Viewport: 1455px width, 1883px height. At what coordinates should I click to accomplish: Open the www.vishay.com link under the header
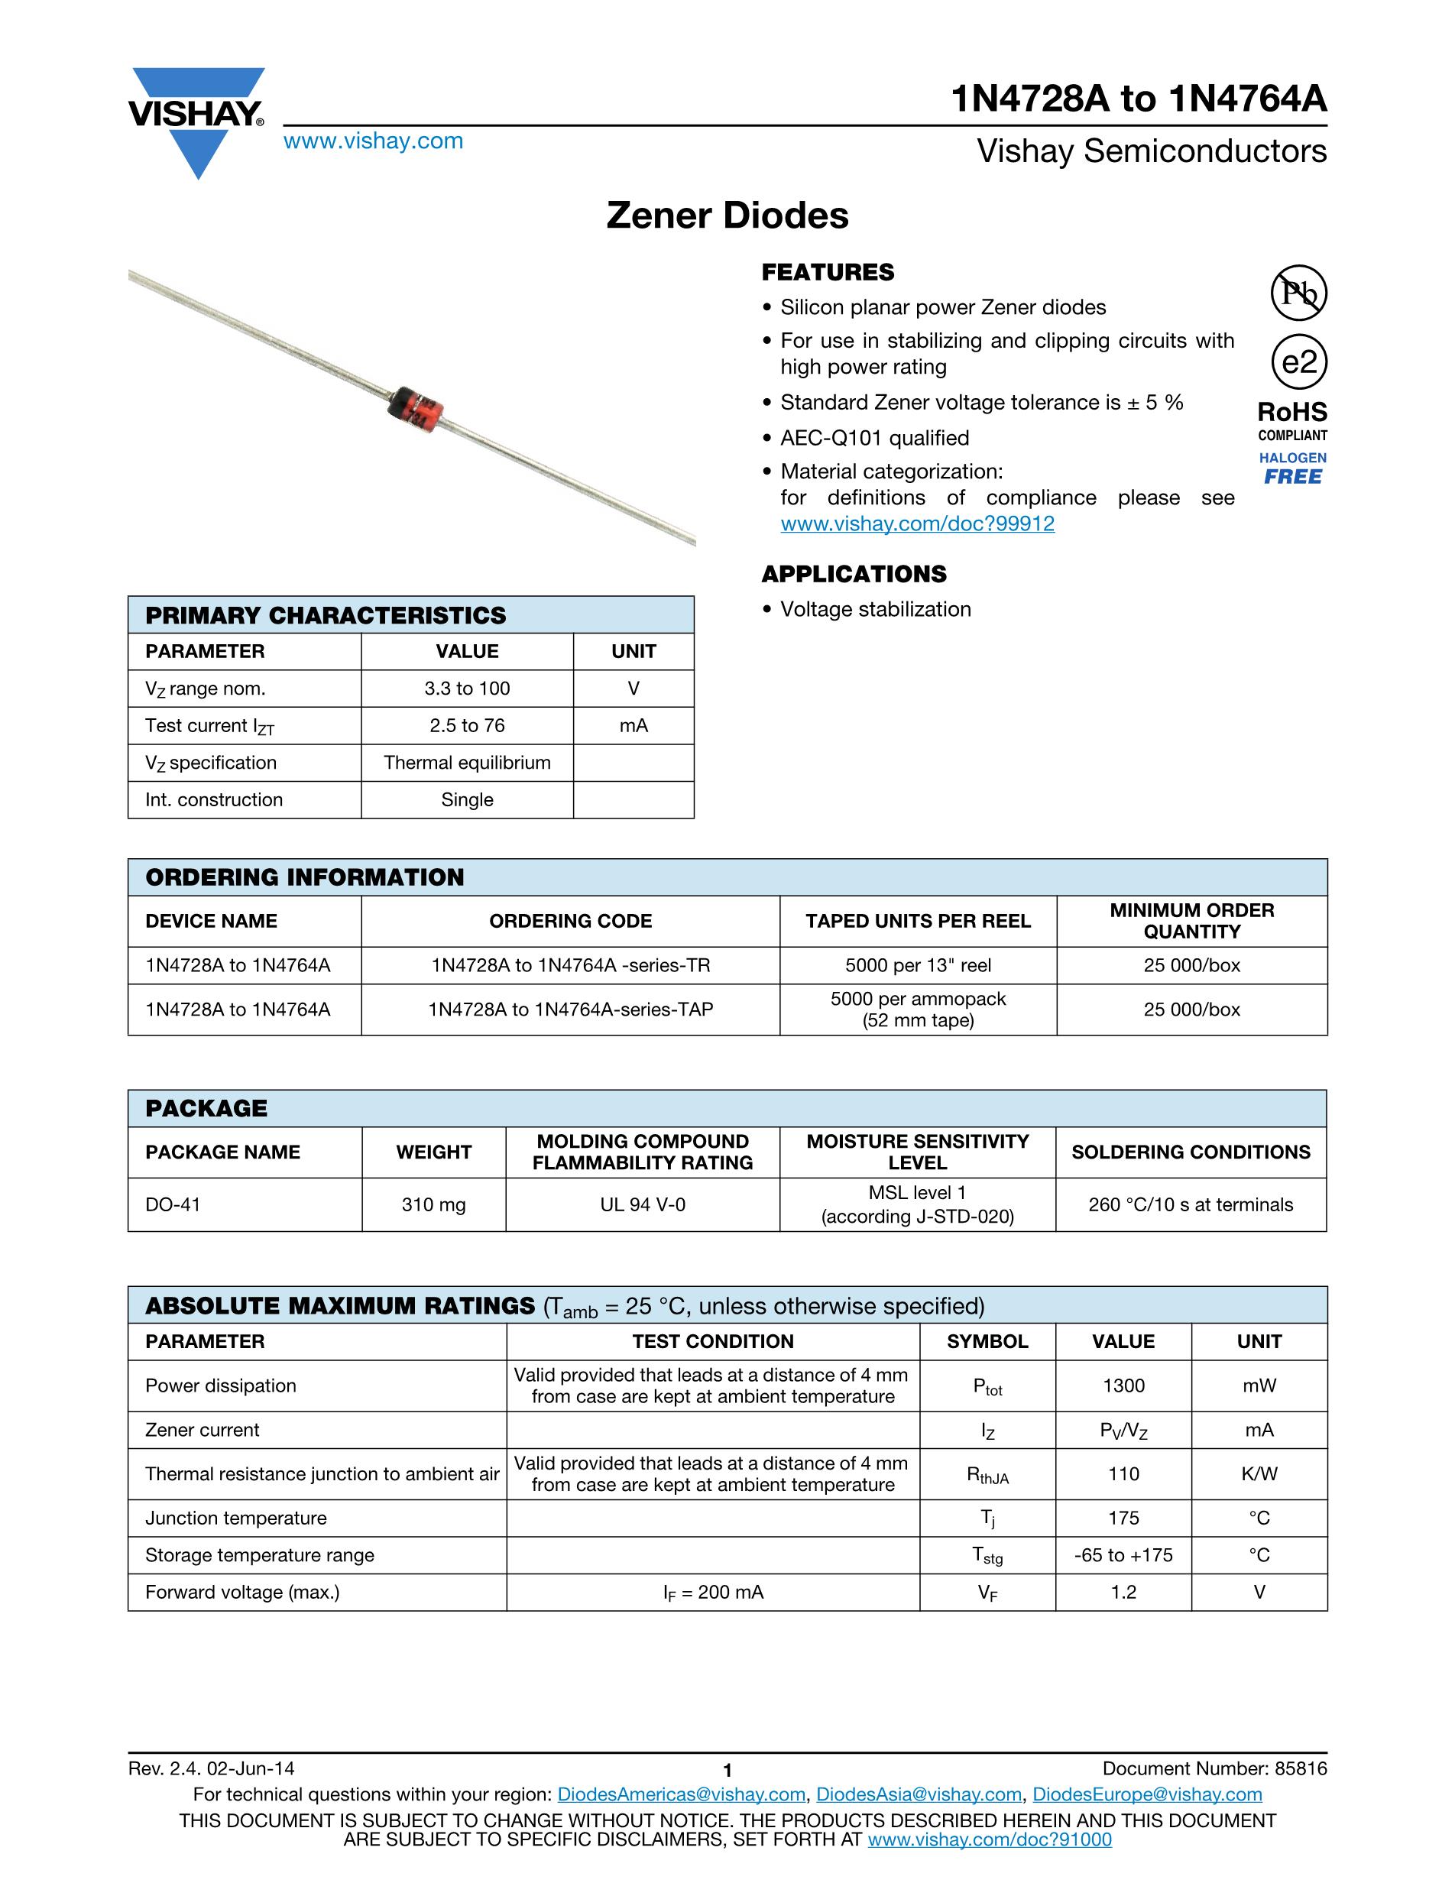point(373,141)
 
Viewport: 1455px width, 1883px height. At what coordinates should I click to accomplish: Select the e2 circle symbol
point(1299,362)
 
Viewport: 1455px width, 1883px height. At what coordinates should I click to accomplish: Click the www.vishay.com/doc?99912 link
point(917,524)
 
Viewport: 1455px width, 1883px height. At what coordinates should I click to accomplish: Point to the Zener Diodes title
point(727,216)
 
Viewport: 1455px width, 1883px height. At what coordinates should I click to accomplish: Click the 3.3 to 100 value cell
point(467,689)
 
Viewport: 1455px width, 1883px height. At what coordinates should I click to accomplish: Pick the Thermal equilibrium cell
point(467,763)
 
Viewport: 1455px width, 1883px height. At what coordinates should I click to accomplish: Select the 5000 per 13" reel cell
point(918,966)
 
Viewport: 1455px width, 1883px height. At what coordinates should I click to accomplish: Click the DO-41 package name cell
point(173,1204)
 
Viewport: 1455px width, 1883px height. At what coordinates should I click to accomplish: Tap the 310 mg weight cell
point(433,1204)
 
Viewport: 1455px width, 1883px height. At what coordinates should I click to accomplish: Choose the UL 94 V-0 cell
point(643,1204)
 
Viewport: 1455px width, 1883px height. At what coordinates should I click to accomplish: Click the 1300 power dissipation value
point(1123,1386)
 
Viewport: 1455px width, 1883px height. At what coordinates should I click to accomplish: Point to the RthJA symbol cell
point(988,1475)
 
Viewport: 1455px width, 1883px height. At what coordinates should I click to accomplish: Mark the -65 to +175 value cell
point(1123,1555)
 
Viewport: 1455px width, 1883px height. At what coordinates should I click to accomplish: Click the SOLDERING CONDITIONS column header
point(1191,1152)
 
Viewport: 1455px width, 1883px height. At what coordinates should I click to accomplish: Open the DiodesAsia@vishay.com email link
point(918,1795)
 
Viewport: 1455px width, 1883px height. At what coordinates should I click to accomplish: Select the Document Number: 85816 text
point(1214,1769)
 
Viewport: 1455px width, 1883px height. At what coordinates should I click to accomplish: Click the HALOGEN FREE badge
point(1293,469)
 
